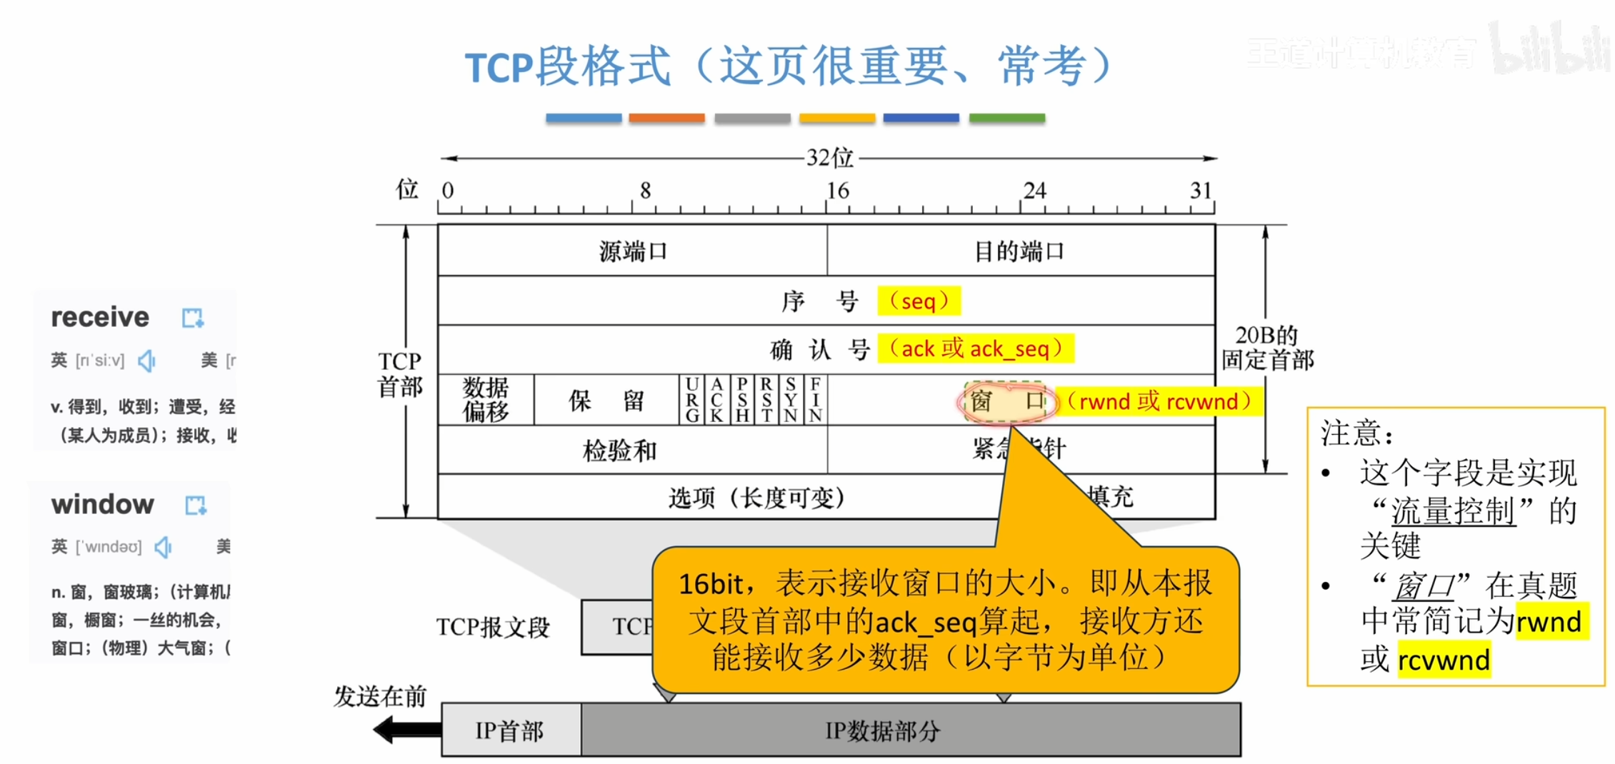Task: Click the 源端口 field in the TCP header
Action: (632, 251)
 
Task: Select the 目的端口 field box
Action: (1020, 251)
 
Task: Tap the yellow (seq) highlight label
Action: (919, 301)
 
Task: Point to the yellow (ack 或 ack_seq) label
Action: (975, 348)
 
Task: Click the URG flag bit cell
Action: (691, 400)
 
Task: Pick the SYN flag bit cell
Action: (791, 400)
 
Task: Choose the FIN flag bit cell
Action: (815, 400)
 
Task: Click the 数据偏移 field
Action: (486, 400)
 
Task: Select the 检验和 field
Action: (619, 451)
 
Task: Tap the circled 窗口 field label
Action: (1006, 401)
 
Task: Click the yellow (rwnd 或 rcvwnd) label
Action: (1158, 401)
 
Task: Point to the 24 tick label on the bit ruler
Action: (1034, 190)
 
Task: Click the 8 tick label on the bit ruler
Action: (645, 190)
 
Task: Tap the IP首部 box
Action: (510, 730)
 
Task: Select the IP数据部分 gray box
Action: (882, 730)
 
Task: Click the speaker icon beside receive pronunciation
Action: (147, 361)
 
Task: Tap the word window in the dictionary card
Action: (103, 505)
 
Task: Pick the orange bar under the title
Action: (666, 118)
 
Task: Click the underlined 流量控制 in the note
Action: (1453, 511)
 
